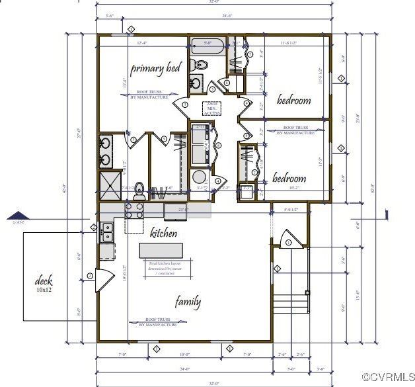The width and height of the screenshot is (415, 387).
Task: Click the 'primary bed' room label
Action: tap(155, 68)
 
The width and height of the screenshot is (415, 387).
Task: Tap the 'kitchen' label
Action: tap(163, 233)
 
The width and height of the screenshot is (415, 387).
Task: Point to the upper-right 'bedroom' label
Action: tap(293, 101)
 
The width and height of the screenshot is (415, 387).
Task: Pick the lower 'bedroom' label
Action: tap(289, 179)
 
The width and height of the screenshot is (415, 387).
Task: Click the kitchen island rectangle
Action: tap(161, 250)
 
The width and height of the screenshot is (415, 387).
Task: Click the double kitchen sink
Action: tap(106, 232)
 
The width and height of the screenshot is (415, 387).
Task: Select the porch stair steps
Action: tap(291, 295)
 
